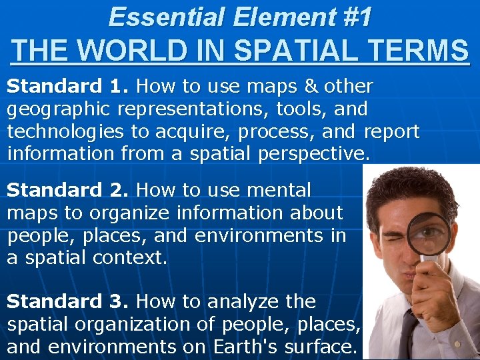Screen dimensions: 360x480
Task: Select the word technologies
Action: tap(65, 132)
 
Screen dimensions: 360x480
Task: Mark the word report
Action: tap(391, 132)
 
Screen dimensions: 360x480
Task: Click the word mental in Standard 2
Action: tap(278, 191)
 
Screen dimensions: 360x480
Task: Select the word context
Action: tap(131, 258)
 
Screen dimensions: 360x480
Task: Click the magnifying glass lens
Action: tap(428, 234)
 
